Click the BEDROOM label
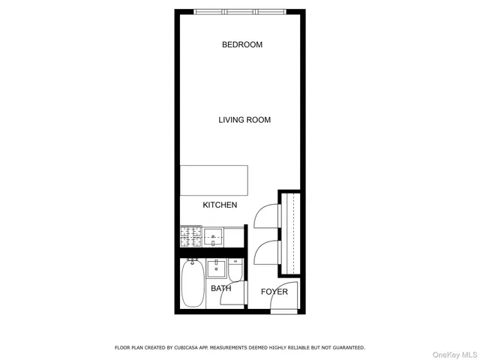click(x=241, y=45)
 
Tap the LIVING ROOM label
click(x=244, y=120)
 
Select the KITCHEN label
click(x=220, y=205)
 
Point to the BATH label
click(x=220, y=288)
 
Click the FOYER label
click(x=274, y=292)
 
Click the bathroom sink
click(x=220, y=268)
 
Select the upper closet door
click(x=267, y=216)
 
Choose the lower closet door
click(x=267, y=253)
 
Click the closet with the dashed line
click(x=292, y=232)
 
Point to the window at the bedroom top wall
click(x=240, y=11)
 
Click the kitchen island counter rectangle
click(x=214, y=181)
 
